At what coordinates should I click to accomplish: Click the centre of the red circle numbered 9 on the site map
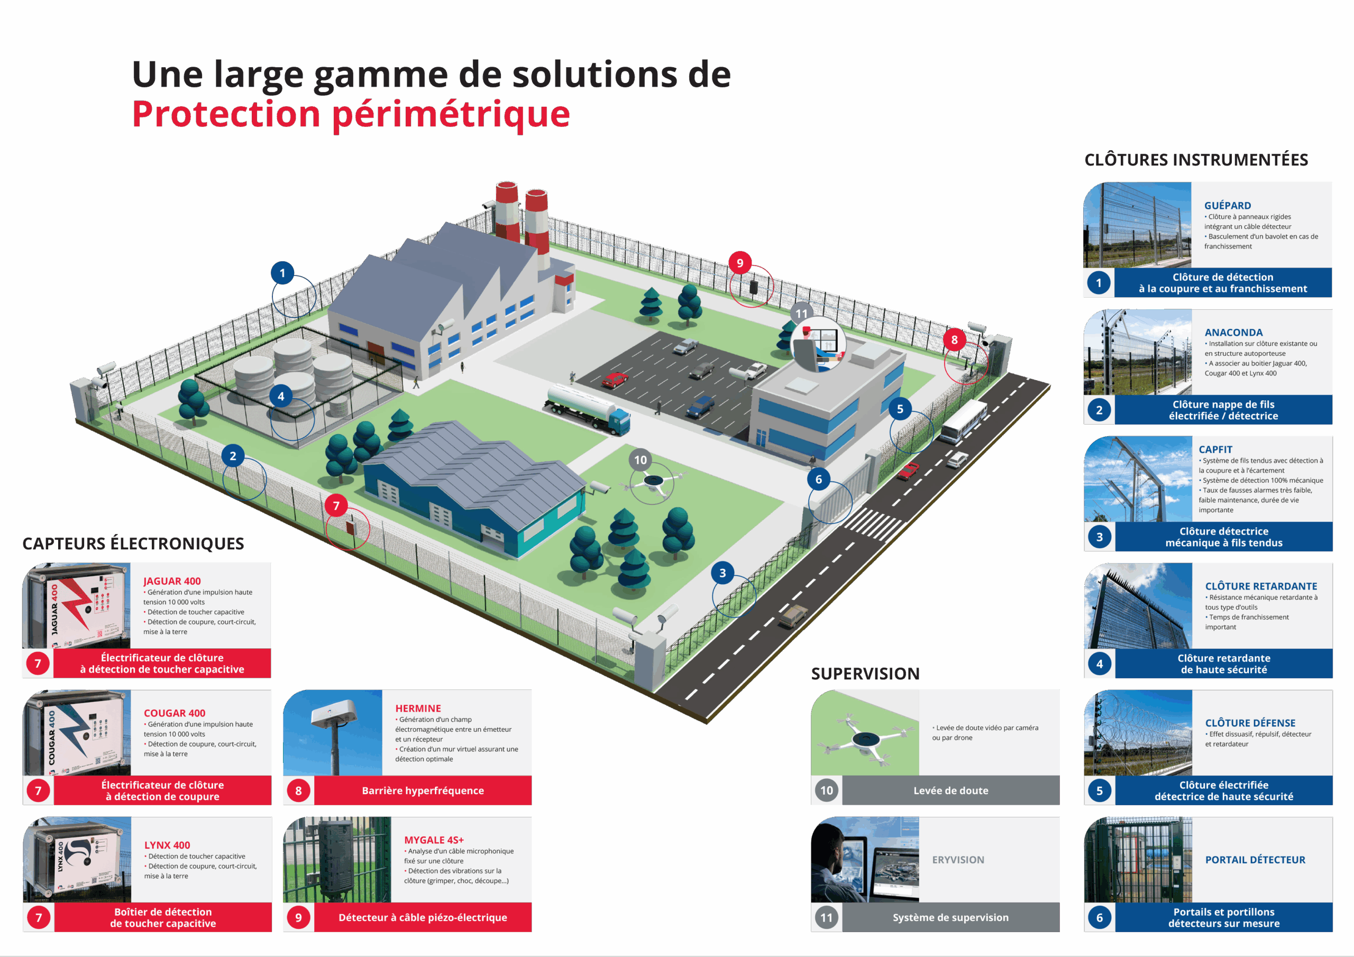739,263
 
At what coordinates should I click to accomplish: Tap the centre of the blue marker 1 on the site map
282,273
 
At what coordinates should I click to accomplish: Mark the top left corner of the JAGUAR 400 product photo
22,563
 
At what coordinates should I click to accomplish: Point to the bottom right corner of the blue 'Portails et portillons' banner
1332,932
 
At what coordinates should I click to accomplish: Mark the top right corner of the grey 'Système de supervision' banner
1059,903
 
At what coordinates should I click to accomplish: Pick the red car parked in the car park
614,379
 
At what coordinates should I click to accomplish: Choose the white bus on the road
963,421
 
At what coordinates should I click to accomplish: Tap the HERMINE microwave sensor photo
333,732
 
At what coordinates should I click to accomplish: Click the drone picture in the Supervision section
865,732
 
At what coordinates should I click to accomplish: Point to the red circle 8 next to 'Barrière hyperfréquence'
298,791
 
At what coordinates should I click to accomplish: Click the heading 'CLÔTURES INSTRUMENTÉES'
1196,160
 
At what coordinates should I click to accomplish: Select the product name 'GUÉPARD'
1227,205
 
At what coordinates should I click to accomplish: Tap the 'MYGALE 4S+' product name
434,840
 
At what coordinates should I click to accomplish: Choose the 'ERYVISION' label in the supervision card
958,860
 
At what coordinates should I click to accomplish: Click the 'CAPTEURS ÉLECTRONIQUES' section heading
133,544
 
